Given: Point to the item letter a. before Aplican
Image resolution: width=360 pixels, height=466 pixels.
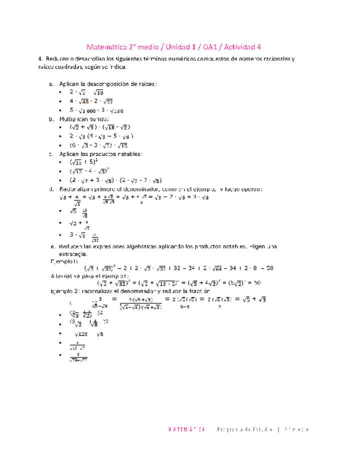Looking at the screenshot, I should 51,84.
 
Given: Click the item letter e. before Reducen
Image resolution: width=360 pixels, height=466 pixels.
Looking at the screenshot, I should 52,247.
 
